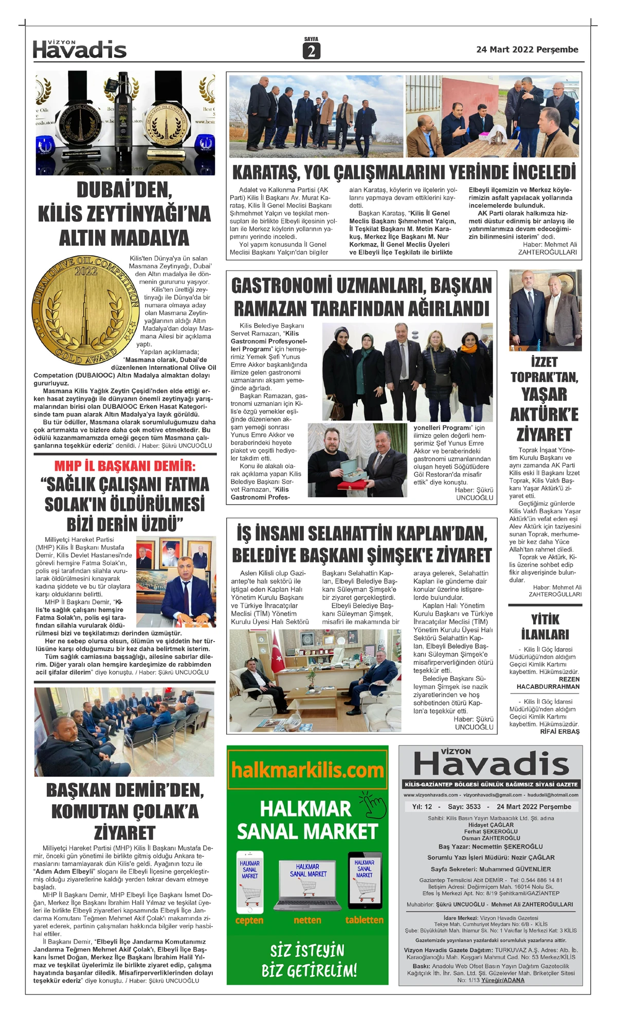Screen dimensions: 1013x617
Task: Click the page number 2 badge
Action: point(311,51)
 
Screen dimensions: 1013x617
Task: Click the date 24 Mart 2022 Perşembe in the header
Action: point(527,50)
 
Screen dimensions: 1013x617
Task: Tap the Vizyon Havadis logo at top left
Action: point(80,49)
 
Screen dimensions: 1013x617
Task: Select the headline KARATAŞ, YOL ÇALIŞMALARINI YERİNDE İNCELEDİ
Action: point(404,172)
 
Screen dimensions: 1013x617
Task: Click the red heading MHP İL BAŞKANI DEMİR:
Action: point(125,466)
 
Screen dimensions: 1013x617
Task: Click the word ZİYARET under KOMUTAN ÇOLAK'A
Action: point(124,832)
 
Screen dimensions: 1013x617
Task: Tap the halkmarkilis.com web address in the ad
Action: point(307,770)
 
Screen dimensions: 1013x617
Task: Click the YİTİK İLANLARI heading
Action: point(545,627)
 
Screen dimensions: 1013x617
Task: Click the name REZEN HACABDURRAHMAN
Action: point(548,683)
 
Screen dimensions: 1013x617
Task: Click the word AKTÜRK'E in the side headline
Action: point(545,415)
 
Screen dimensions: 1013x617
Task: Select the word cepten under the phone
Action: point(249,920)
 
